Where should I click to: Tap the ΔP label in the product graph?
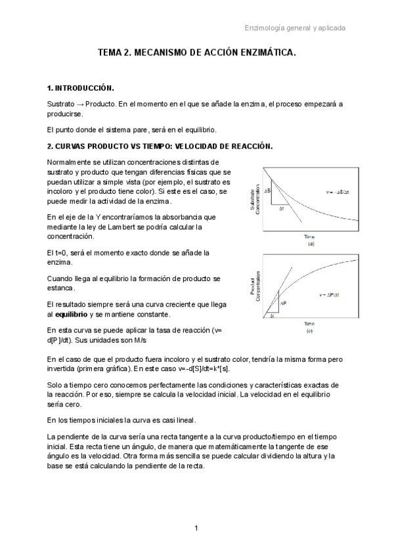point(284,303)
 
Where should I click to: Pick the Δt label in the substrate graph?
point(281,208)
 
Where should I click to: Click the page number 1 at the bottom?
point(196,528)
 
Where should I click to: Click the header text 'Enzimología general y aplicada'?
point(295,28)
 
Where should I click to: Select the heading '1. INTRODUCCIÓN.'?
point(81,88)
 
